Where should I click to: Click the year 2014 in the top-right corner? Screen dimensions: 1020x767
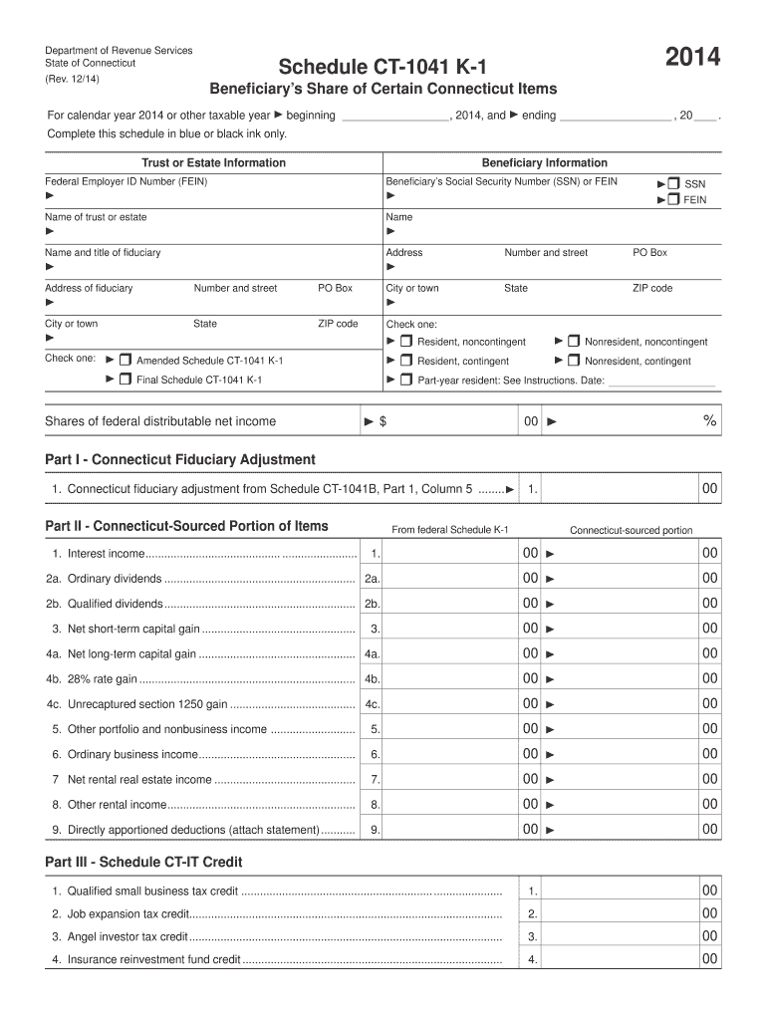pos(693,60)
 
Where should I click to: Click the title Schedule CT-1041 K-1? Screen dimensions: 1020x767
pos(383,67)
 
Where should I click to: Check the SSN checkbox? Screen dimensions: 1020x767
pos(673,183)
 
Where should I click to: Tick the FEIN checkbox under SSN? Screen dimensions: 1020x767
pos(673,199)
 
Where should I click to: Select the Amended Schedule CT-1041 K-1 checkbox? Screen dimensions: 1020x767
pos(126,359)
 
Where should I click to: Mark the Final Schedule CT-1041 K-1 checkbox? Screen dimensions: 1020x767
pos(126,379)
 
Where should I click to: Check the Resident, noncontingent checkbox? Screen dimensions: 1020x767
pos(406,342)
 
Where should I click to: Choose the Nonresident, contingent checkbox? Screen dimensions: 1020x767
pos(574,361)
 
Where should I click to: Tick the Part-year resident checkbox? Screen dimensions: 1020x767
pos(406,380)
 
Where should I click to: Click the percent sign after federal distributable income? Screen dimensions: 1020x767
pos(709,421)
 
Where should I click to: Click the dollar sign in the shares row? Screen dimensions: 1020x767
pos(383,421)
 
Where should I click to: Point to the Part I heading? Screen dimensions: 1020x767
pos(180,459)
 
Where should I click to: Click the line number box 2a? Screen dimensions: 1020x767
pos(372,579)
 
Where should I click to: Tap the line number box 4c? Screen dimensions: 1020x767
pos(372,704)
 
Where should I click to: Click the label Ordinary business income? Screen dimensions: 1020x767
pos(132,754)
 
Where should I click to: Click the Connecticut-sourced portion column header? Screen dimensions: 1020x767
pos(631,530)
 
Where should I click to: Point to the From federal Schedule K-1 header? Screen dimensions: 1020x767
pos(450,529)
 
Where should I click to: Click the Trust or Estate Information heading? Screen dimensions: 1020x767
pos(213,162)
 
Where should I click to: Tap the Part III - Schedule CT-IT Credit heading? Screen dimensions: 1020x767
pos(144,862)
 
